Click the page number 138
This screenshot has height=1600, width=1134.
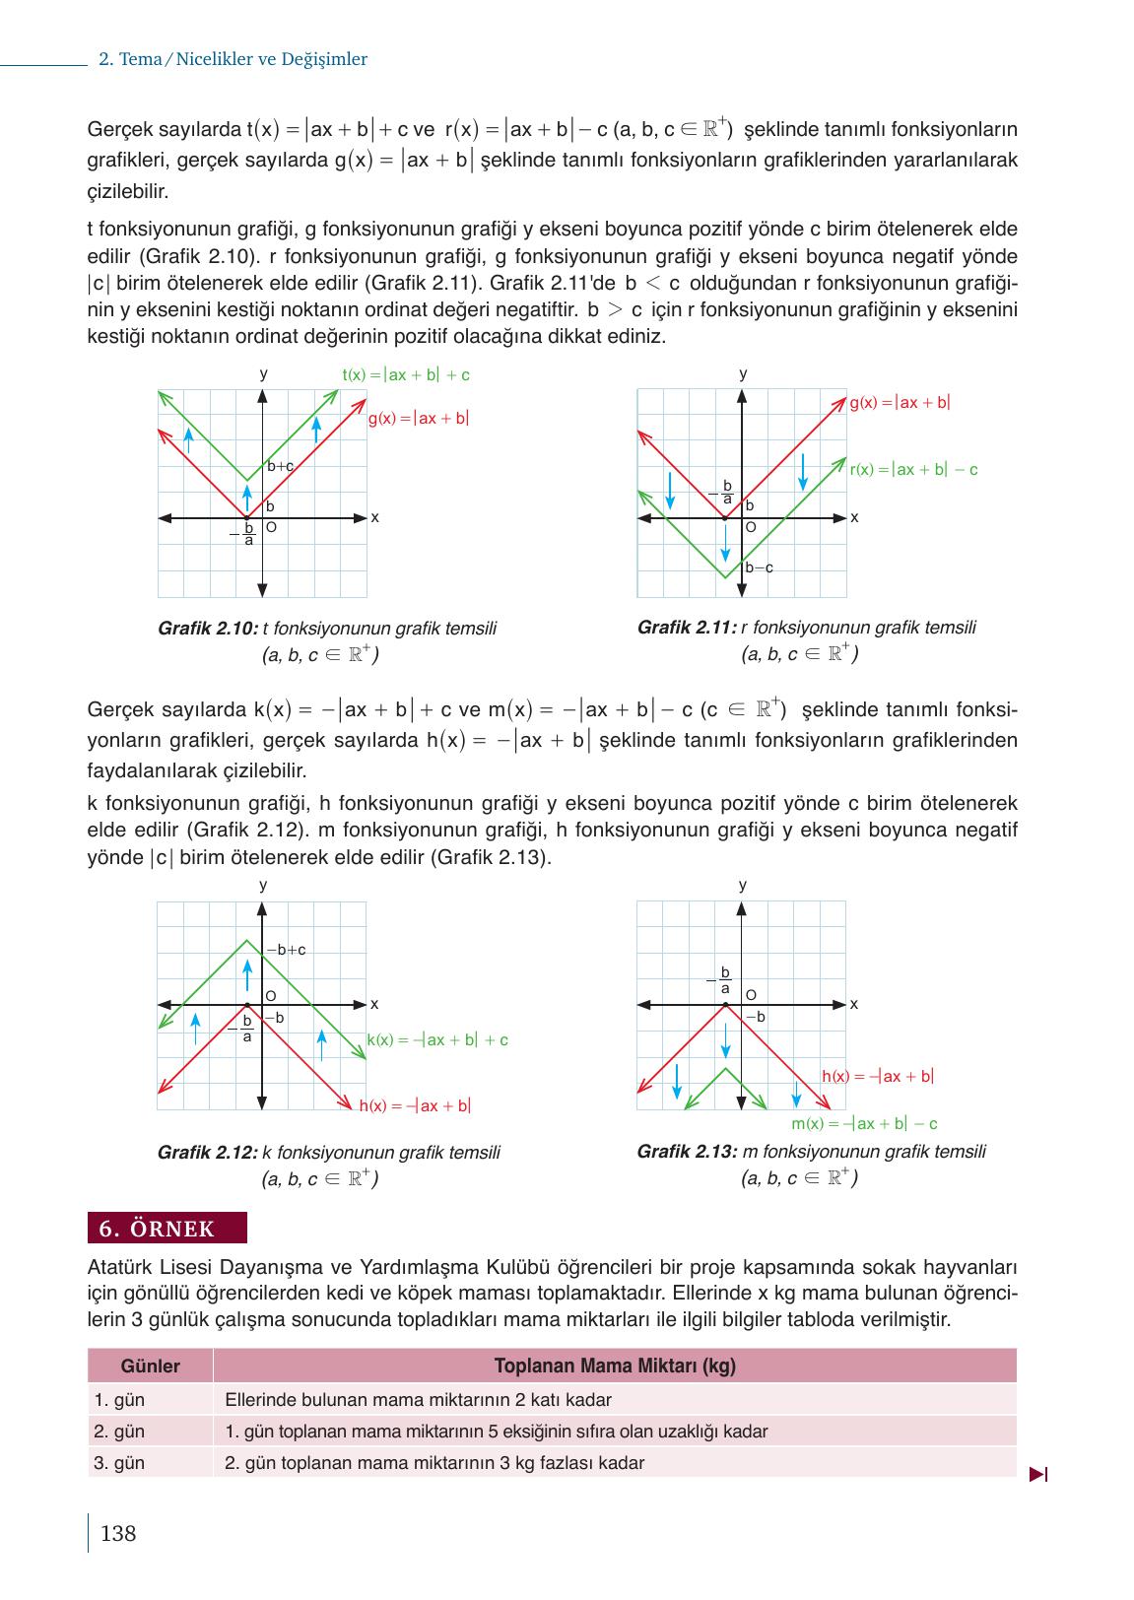(118, 1533)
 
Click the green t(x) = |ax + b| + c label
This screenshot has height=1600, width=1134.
(405, 375)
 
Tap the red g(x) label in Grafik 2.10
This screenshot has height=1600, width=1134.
(419, 419)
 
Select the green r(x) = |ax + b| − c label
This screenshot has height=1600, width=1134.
(913, 470)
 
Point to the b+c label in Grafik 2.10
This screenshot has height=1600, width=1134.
(281, 466)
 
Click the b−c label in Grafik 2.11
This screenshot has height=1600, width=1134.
(759, 567)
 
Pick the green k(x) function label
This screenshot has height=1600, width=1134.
(437, 1039)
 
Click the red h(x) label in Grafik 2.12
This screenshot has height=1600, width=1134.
(415, 1106)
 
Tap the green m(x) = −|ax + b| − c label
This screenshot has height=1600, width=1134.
(864, 1124)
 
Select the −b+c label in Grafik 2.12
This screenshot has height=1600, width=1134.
(287, 950)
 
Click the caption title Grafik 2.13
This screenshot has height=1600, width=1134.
(687, 1152)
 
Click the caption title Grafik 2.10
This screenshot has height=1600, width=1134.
(208, 629)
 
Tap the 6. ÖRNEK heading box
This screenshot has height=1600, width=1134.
(167, 1229)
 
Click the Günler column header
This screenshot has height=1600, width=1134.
(150, 1367)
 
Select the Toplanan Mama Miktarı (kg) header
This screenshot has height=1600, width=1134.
(614, 1367)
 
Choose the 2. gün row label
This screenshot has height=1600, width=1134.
(119, 1432)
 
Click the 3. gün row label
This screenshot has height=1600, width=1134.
(119, 1463)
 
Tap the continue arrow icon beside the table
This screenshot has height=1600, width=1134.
(1038, 1475)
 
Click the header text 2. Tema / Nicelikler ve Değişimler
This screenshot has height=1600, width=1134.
(233, 59)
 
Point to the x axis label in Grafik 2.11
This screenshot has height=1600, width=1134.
(854, 517)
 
